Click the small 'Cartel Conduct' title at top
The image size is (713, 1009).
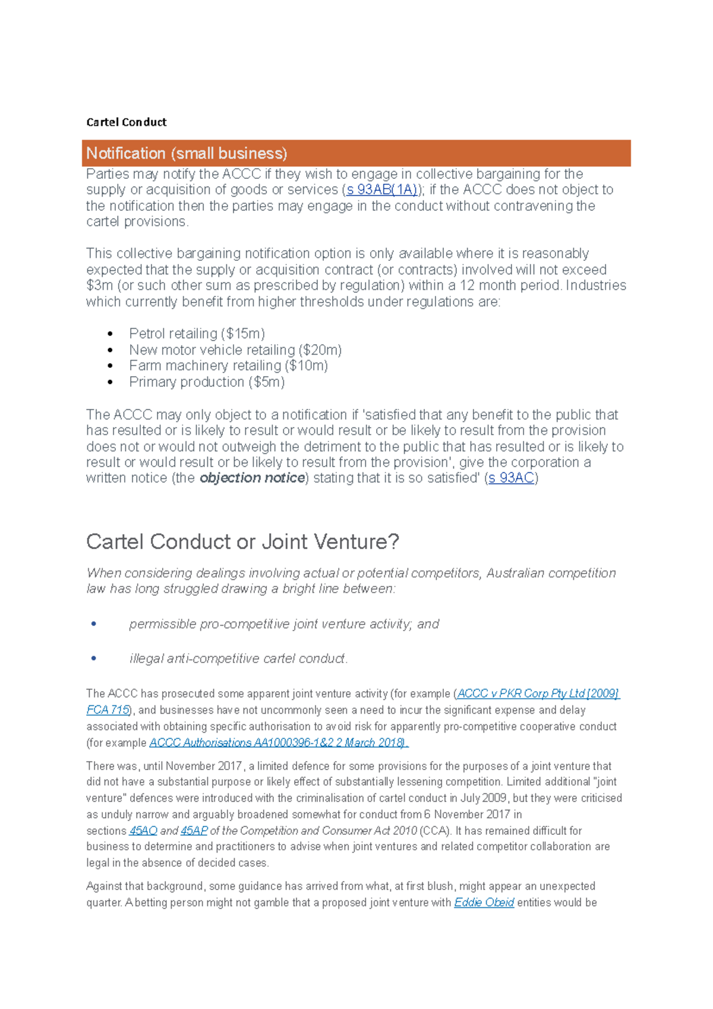[126, 122]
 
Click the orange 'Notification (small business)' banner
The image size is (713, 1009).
[356, 153]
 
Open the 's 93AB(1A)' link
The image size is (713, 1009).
[381, 190]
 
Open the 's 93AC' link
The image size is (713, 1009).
[511, 478]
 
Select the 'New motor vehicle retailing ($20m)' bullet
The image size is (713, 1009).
[235, 350]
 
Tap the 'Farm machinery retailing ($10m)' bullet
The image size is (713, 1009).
[228, 366]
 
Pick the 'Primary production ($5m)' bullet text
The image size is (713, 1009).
[207, 382]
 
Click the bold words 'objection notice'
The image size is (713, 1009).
[253, 478]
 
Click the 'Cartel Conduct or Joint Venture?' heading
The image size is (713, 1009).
[242, 542]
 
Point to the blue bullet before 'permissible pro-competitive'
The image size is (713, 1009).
[94, 624]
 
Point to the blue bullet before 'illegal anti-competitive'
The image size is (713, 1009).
[94, 658]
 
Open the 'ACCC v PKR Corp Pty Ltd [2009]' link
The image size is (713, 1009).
[538, 694]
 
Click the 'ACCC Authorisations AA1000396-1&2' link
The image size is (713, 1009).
[278, 743]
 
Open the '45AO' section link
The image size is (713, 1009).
[143, 831]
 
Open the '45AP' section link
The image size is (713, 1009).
[194, 831]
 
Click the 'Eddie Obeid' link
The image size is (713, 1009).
[484, 903]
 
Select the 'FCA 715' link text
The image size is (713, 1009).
[108, 710]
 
